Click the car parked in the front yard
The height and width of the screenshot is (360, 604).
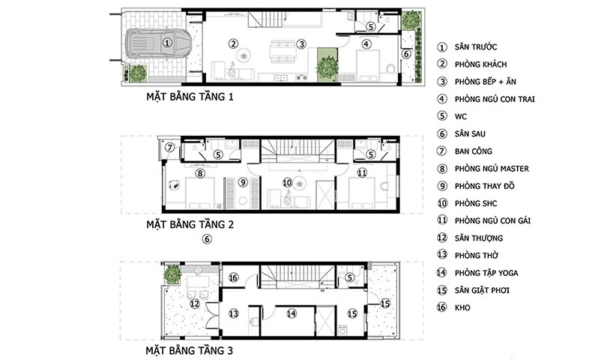click(158, 43)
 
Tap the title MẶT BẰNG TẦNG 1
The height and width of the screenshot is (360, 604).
click(190, 96)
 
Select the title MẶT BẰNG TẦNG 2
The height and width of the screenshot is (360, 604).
click(190, 224)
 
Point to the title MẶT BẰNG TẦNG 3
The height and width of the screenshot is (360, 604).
click(189, 350)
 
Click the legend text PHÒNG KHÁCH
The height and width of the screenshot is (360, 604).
click(481, 64)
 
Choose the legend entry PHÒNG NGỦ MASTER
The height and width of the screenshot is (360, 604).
click(492, 169)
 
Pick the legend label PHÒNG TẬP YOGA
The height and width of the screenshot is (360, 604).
click(486, 273)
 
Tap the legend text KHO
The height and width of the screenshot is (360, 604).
click(462, 307)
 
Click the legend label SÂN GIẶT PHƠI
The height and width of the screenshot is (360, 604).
click(482, 290)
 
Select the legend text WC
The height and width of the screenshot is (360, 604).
click(461, 116)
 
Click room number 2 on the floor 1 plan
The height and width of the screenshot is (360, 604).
click(233, 43)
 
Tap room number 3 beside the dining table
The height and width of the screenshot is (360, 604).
click(301, 44)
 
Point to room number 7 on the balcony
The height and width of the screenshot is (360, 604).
click(169, 147)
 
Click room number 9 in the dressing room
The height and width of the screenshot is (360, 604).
click(243, 182)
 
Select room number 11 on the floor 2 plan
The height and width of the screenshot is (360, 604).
click(362, 172)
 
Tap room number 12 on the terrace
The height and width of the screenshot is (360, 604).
click(195, 304)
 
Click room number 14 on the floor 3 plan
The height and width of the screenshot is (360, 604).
click(292, 313)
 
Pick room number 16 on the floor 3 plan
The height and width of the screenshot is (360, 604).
click(234, 277)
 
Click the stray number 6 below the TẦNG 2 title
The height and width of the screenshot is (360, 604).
click(207, 239)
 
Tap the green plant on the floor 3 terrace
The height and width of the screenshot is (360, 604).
click(172, 274)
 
